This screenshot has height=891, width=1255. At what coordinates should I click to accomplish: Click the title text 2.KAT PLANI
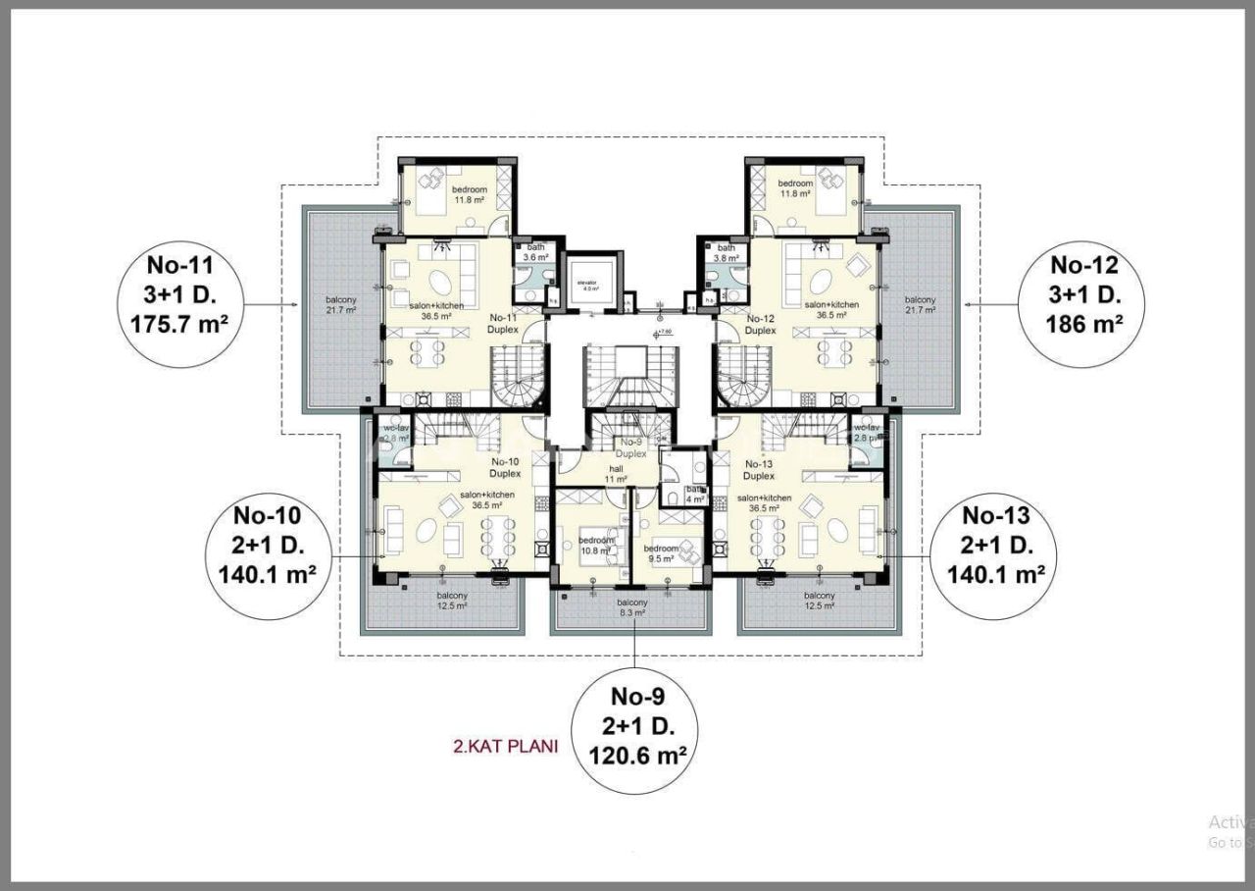[505, 746]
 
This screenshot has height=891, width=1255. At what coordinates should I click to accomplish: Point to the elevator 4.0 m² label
[589, 286]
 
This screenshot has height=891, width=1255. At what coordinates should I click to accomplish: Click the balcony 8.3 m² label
[632, 607]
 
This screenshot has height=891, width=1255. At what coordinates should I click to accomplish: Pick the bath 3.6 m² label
[535, 252]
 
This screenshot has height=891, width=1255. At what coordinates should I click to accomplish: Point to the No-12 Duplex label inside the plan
[761, 325]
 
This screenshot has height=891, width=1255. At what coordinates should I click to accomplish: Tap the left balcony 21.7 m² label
[340, 304]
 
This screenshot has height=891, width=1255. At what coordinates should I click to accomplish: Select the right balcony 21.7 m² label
[920, 304]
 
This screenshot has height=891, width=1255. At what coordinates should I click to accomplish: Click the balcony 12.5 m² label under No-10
[452, 601]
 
